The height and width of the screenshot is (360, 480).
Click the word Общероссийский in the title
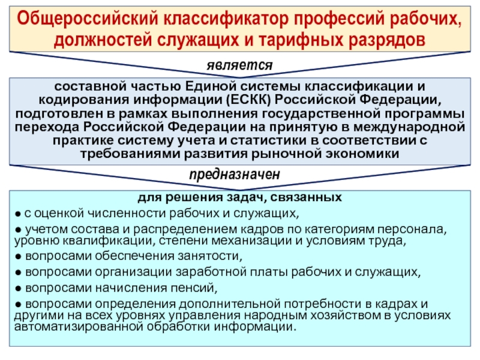point(88,19)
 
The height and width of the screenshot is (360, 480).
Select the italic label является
point(239,65)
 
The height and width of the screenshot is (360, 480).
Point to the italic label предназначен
point(235,175)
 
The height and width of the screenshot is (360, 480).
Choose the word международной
point(409,127)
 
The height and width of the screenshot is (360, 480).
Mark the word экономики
point(362,154)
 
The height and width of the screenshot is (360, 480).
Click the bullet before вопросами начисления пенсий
point(19,289)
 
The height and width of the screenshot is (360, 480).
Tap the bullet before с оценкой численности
point(19,214)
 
